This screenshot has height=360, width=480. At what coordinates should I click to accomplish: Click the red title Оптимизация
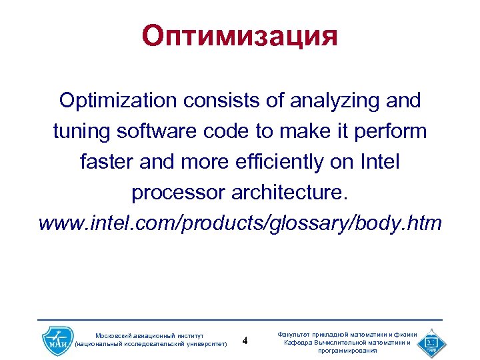pos(239,36)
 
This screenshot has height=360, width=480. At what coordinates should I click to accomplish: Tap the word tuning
pos(81,131)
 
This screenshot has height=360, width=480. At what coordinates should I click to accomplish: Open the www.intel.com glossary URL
pos(240,223)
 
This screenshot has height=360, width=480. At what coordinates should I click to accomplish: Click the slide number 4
pos(245,341)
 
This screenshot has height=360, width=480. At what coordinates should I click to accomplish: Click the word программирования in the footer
pos(347,350)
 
